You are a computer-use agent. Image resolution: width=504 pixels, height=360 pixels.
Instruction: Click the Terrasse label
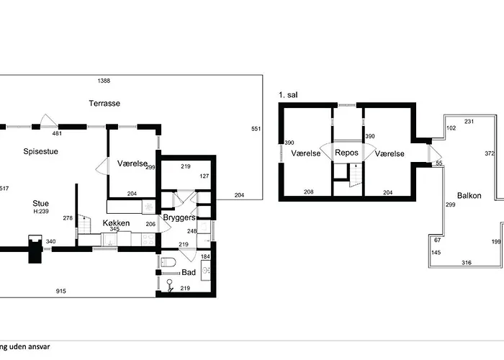coord(104,103)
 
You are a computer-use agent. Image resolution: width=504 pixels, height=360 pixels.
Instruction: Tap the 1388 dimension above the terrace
coord(104,81)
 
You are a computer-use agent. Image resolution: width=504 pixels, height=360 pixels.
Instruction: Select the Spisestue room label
coord(40,151)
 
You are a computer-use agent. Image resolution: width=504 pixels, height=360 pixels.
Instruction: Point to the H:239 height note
coord(41,211)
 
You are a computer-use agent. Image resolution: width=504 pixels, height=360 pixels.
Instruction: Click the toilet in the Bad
coord(168,262)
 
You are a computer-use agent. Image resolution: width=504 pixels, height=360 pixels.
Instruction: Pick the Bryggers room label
coord(179,217)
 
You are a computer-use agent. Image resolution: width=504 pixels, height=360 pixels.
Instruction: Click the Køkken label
coord(116,222)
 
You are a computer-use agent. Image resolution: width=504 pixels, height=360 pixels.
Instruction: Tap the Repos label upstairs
coord(346,153)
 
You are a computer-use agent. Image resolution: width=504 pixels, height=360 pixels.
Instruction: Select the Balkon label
coord(469,195)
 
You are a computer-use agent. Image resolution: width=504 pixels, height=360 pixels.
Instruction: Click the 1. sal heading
coord(288,95)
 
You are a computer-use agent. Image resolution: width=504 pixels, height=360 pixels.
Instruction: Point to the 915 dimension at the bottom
coord(60,291)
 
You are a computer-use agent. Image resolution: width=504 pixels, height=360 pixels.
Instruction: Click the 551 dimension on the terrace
coord(256,129)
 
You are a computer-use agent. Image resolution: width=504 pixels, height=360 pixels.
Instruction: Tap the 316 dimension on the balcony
coord(467,263)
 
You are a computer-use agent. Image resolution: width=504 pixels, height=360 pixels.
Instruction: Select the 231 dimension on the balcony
coord(469,122)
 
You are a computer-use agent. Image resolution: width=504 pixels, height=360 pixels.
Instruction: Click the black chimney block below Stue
coord(35,249)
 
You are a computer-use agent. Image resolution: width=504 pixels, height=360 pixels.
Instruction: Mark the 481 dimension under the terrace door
coord(57,133)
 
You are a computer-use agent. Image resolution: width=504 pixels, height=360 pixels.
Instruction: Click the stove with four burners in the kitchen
coord(148,239)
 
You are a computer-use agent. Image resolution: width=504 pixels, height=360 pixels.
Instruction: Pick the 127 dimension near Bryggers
coord(204,176)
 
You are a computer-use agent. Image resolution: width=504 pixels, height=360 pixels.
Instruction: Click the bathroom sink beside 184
coord(206,270)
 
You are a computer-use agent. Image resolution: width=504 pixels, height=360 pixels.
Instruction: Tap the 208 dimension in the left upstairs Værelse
coord(308,192)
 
